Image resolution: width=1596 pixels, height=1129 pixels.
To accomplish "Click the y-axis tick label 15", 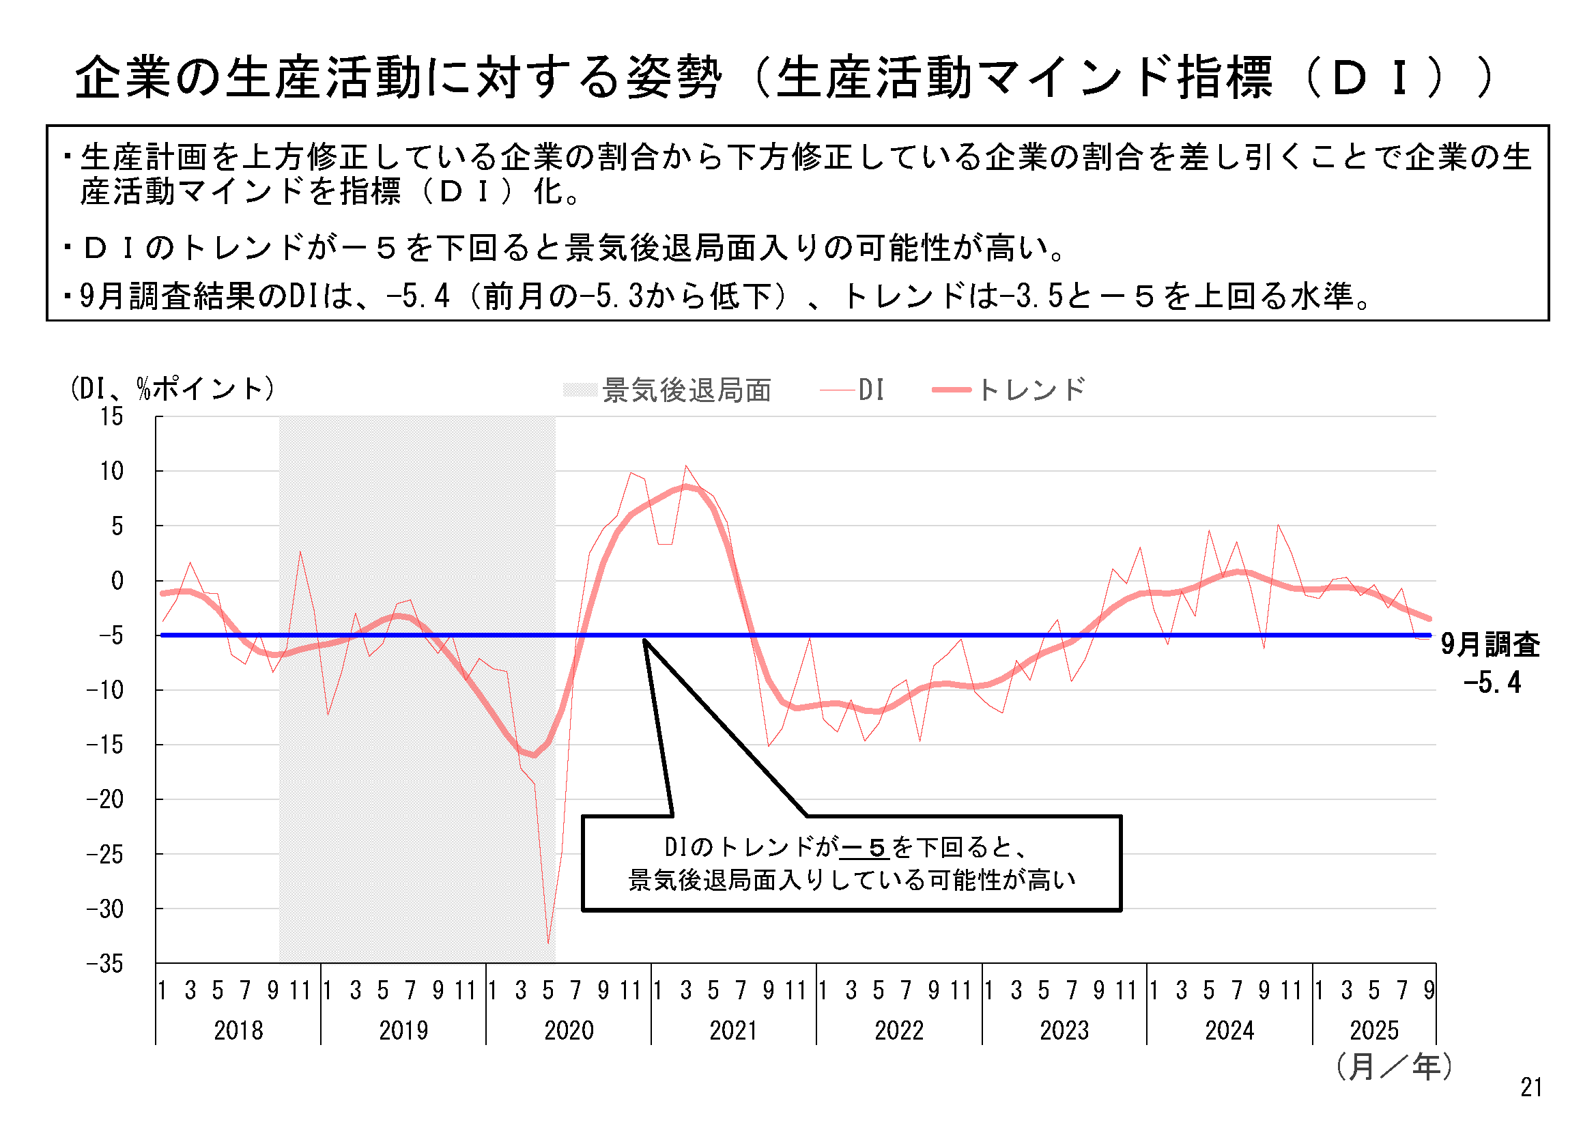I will point(111,417).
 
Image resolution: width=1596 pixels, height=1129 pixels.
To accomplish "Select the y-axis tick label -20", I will point(106,800).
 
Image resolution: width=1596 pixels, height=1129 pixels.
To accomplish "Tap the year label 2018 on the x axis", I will point(238,1030).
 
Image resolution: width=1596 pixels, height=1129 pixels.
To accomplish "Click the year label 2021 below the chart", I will point(734,1030).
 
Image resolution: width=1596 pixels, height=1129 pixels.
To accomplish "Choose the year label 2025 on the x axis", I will point(1373,1030).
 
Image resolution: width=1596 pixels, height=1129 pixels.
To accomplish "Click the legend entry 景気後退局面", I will point(687,390).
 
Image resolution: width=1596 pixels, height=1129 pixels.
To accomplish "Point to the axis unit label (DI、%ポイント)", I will point(173,388).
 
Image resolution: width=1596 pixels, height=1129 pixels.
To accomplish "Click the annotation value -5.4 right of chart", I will point(1492,683).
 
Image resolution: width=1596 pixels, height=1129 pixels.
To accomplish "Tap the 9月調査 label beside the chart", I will point(1490,644).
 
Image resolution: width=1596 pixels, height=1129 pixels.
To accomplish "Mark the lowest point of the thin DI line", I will point(548,943).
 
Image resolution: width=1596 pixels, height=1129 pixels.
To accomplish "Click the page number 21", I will point(1531,1087).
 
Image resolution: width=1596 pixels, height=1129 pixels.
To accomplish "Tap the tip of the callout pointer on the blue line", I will point(644,638).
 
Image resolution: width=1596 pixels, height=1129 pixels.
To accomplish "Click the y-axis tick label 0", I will point(117,581).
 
